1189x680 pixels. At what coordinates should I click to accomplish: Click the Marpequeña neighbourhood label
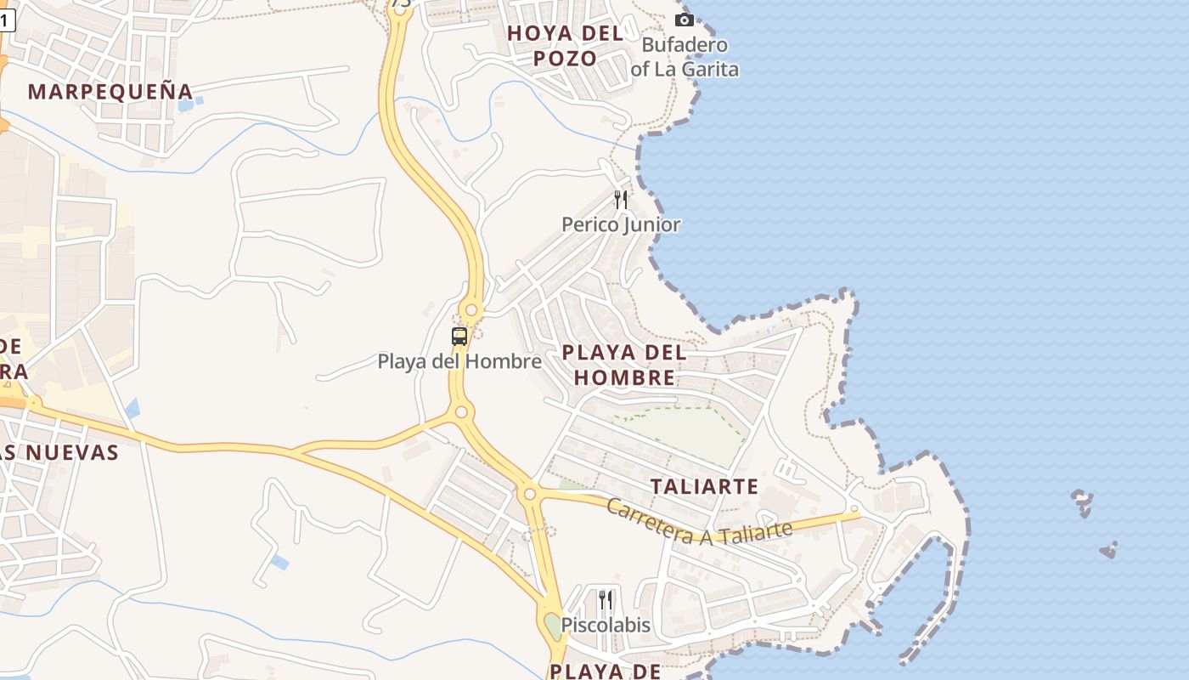[110, 91]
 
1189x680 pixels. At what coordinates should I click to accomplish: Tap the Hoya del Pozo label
[565, 46]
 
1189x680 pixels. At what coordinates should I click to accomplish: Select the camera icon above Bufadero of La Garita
[684, 20]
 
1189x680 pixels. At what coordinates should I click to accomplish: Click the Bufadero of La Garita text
[685, 57]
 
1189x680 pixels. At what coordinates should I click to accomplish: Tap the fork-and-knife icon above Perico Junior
[621, 200]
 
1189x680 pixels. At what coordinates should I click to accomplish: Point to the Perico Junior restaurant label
[621, 224]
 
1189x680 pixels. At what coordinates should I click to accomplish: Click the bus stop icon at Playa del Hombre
[459, 337]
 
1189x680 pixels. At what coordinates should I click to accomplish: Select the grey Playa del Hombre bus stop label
[459, 361]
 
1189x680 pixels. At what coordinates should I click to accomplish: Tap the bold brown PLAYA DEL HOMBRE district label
[624, 365]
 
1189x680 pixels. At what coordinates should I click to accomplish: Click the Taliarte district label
[704, 486]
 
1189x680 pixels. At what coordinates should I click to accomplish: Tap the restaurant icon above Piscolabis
[606, 600]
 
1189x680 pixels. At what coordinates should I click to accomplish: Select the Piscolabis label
[606, 625]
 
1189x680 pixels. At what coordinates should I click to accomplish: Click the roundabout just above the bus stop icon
[471, 310]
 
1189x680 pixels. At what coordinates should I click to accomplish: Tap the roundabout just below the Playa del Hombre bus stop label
[461, 412]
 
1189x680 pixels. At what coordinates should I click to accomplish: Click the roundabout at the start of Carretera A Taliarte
[530, 493]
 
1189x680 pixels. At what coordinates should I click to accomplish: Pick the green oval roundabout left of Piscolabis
[552, 626]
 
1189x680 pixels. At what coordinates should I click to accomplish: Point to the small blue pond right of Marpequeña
[186, 105]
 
